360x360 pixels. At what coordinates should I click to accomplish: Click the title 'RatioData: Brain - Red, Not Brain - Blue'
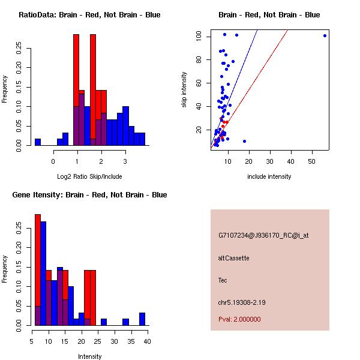click(89, 14)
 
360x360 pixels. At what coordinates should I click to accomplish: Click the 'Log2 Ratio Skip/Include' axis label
click(89, 176)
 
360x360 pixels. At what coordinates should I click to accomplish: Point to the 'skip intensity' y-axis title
click(184, 90)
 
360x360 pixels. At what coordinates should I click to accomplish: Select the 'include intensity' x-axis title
click(269, 176)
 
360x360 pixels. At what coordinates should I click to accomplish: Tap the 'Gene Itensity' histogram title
click(89, 194)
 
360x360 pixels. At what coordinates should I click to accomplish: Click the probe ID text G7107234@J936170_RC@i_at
click(263, 236)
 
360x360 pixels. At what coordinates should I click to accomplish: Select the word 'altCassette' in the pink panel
click(233, 258)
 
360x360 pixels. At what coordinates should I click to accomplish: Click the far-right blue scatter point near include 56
click(325, 35)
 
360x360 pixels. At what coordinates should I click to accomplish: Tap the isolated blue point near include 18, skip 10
click(244, 141)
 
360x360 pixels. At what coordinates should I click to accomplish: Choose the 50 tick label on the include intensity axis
click(311, 162)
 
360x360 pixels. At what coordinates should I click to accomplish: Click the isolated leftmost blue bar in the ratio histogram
click(38, 142)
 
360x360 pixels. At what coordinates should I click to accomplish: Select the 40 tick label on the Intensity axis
click(147, 341)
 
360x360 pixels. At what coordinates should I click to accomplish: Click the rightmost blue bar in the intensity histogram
click(142, 319)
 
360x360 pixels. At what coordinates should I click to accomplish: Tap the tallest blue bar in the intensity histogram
click(43, 273)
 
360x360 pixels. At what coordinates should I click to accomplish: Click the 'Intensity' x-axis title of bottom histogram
click(89, 356)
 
